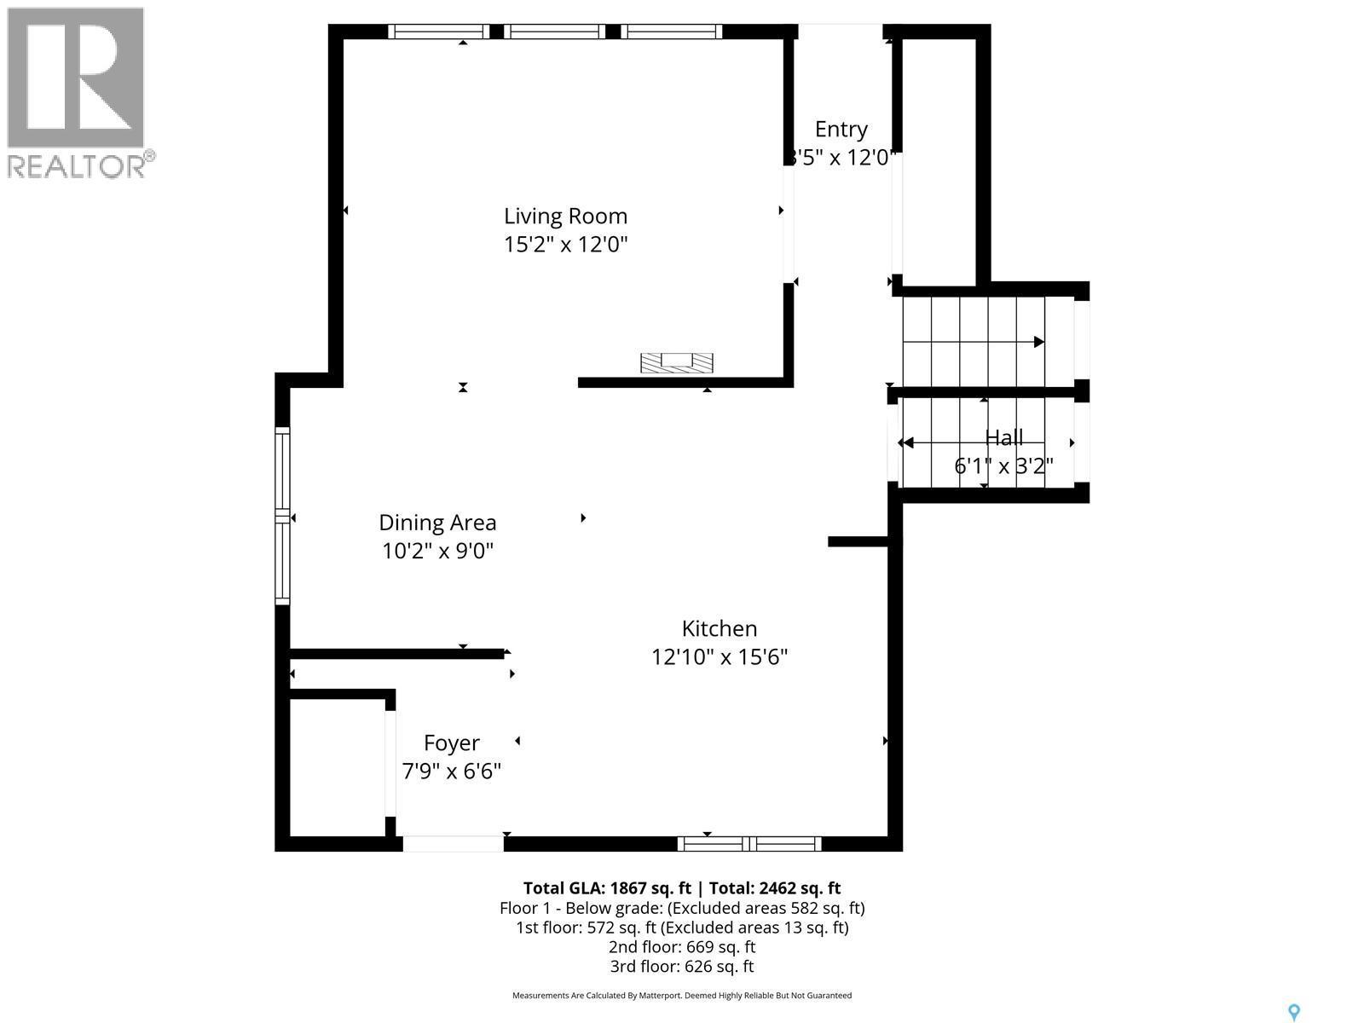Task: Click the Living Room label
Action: tap(565, 217)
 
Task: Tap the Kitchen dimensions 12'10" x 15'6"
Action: tap(719, 657)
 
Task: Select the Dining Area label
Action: tap(437, 523)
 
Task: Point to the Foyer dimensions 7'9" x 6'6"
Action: tap(451, 772)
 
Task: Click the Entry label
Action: tap(841, 130)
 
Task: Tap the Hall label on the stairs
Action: tap(1003, 437)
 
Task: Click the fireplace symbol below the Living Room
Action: tap(677, 362)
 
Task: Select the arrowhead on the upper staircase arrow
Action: tap(1038, 342)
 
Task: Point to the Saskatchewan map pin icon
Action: tap(1293, 1012)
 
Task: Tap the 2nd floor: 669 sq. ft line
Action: tap(682, 947)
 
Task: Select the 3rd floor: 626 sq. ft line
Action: tap(682, 967)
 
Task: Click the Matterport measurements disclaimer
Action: tap(682, 996)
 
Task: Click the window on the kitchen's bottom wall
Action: tap(749, 844)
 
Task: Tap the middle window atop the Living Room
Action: tap(554, 32)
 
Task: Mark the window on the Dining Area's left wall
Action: tap(282, 516)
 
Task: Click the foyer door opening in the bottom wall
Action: tap(453, 844)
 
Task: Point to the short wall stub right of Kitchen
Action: tap(858, 541)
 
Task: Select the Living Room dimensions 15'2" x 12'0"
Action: tap(565, 246)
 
